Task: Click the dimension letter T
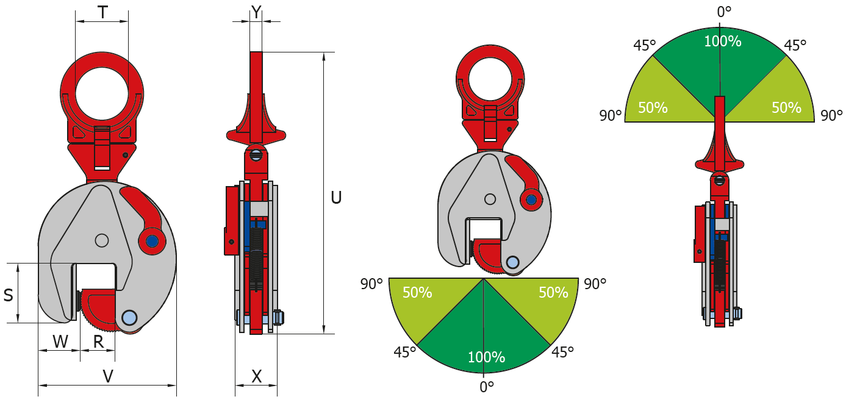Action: pyautogui.click(x=102, y=12)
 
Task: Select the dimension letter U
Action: pyautogui.click(x=336, y=198)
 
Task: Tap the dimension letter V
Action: pyautogui.click(x=108, y=377)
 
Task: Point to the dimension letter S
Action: pyautogui.click(x=9, y=295)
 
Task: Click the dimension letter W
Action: pyautogui.click(x=60, y=342)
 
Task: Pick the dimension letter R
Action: pyautogui.click(x=98, y=342)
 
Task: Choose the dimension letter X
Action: pyautogui.click(x=257, y=377)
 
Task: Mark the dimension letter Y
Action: pyautogui.click(x=256, y=11)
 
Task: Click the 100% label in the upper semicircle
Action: pyautogui.click(x=722, y=41)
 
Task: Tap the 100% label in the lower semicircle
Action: pyautogui.click(x=486, y=357)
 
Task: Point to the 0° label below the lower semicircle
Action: pyautogui.click(x=486, y=386)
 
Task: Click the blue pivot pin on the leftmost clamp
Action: pyautogui.click(x=151, y=242)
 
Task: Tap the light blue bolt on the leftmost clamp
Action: pyautogui.click(x=129, y=317)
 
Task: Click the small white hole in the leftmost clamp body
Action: pyautogui.click(x=102, y=240)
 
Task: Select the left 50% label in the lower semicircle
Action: pyautogui.click(x=417, y=293)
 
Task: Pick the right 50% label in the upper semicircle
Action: pyautogui.click(x=786, y=108)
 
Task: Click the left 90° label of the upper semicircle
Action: pyautogui.click(x=610, y=116)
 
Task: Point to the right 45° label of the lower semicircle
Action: pyautogui.click(x=562, y=352)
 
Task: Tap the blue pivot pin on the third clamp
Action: pyautogui.click(x=531, y=199)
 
